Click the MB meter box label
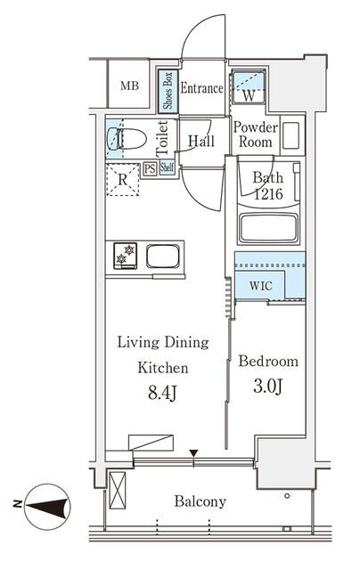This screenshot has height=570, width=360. coord(129,86)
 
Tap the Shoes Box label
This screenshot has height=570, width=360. coord(168,91)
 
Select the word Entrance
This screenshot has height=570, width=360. coord(201,88)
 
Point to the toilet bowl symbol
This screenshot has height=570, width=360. coord(127,139)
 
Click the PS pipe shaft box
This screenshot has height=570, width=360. coord(150,168)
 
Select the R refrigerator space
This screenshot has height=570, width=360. coord(123,180)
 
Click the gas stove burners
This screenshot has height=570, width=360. coord(125,256)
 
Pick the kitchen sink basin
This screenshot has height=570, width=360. coord(163,256)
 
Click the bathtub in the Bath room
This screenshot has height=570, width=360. coord(268,228)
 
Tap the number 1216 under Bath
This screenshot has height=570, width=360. coord(268,194)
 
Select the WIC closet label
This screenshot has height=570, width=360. coord(261,286)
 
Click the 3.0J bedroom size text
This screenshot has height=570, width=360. coord(268,387)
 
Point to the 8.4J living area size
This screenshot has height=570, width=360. coord(162,393)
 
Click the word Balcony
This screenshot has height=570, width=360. coord(200,501)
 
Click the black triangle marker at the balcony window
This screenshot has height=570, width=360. coord(194,453)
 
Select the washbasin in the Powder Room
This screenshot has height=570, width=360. coord(290,135)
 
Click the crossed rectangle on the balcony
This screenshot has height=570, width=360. coord(118,491)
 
